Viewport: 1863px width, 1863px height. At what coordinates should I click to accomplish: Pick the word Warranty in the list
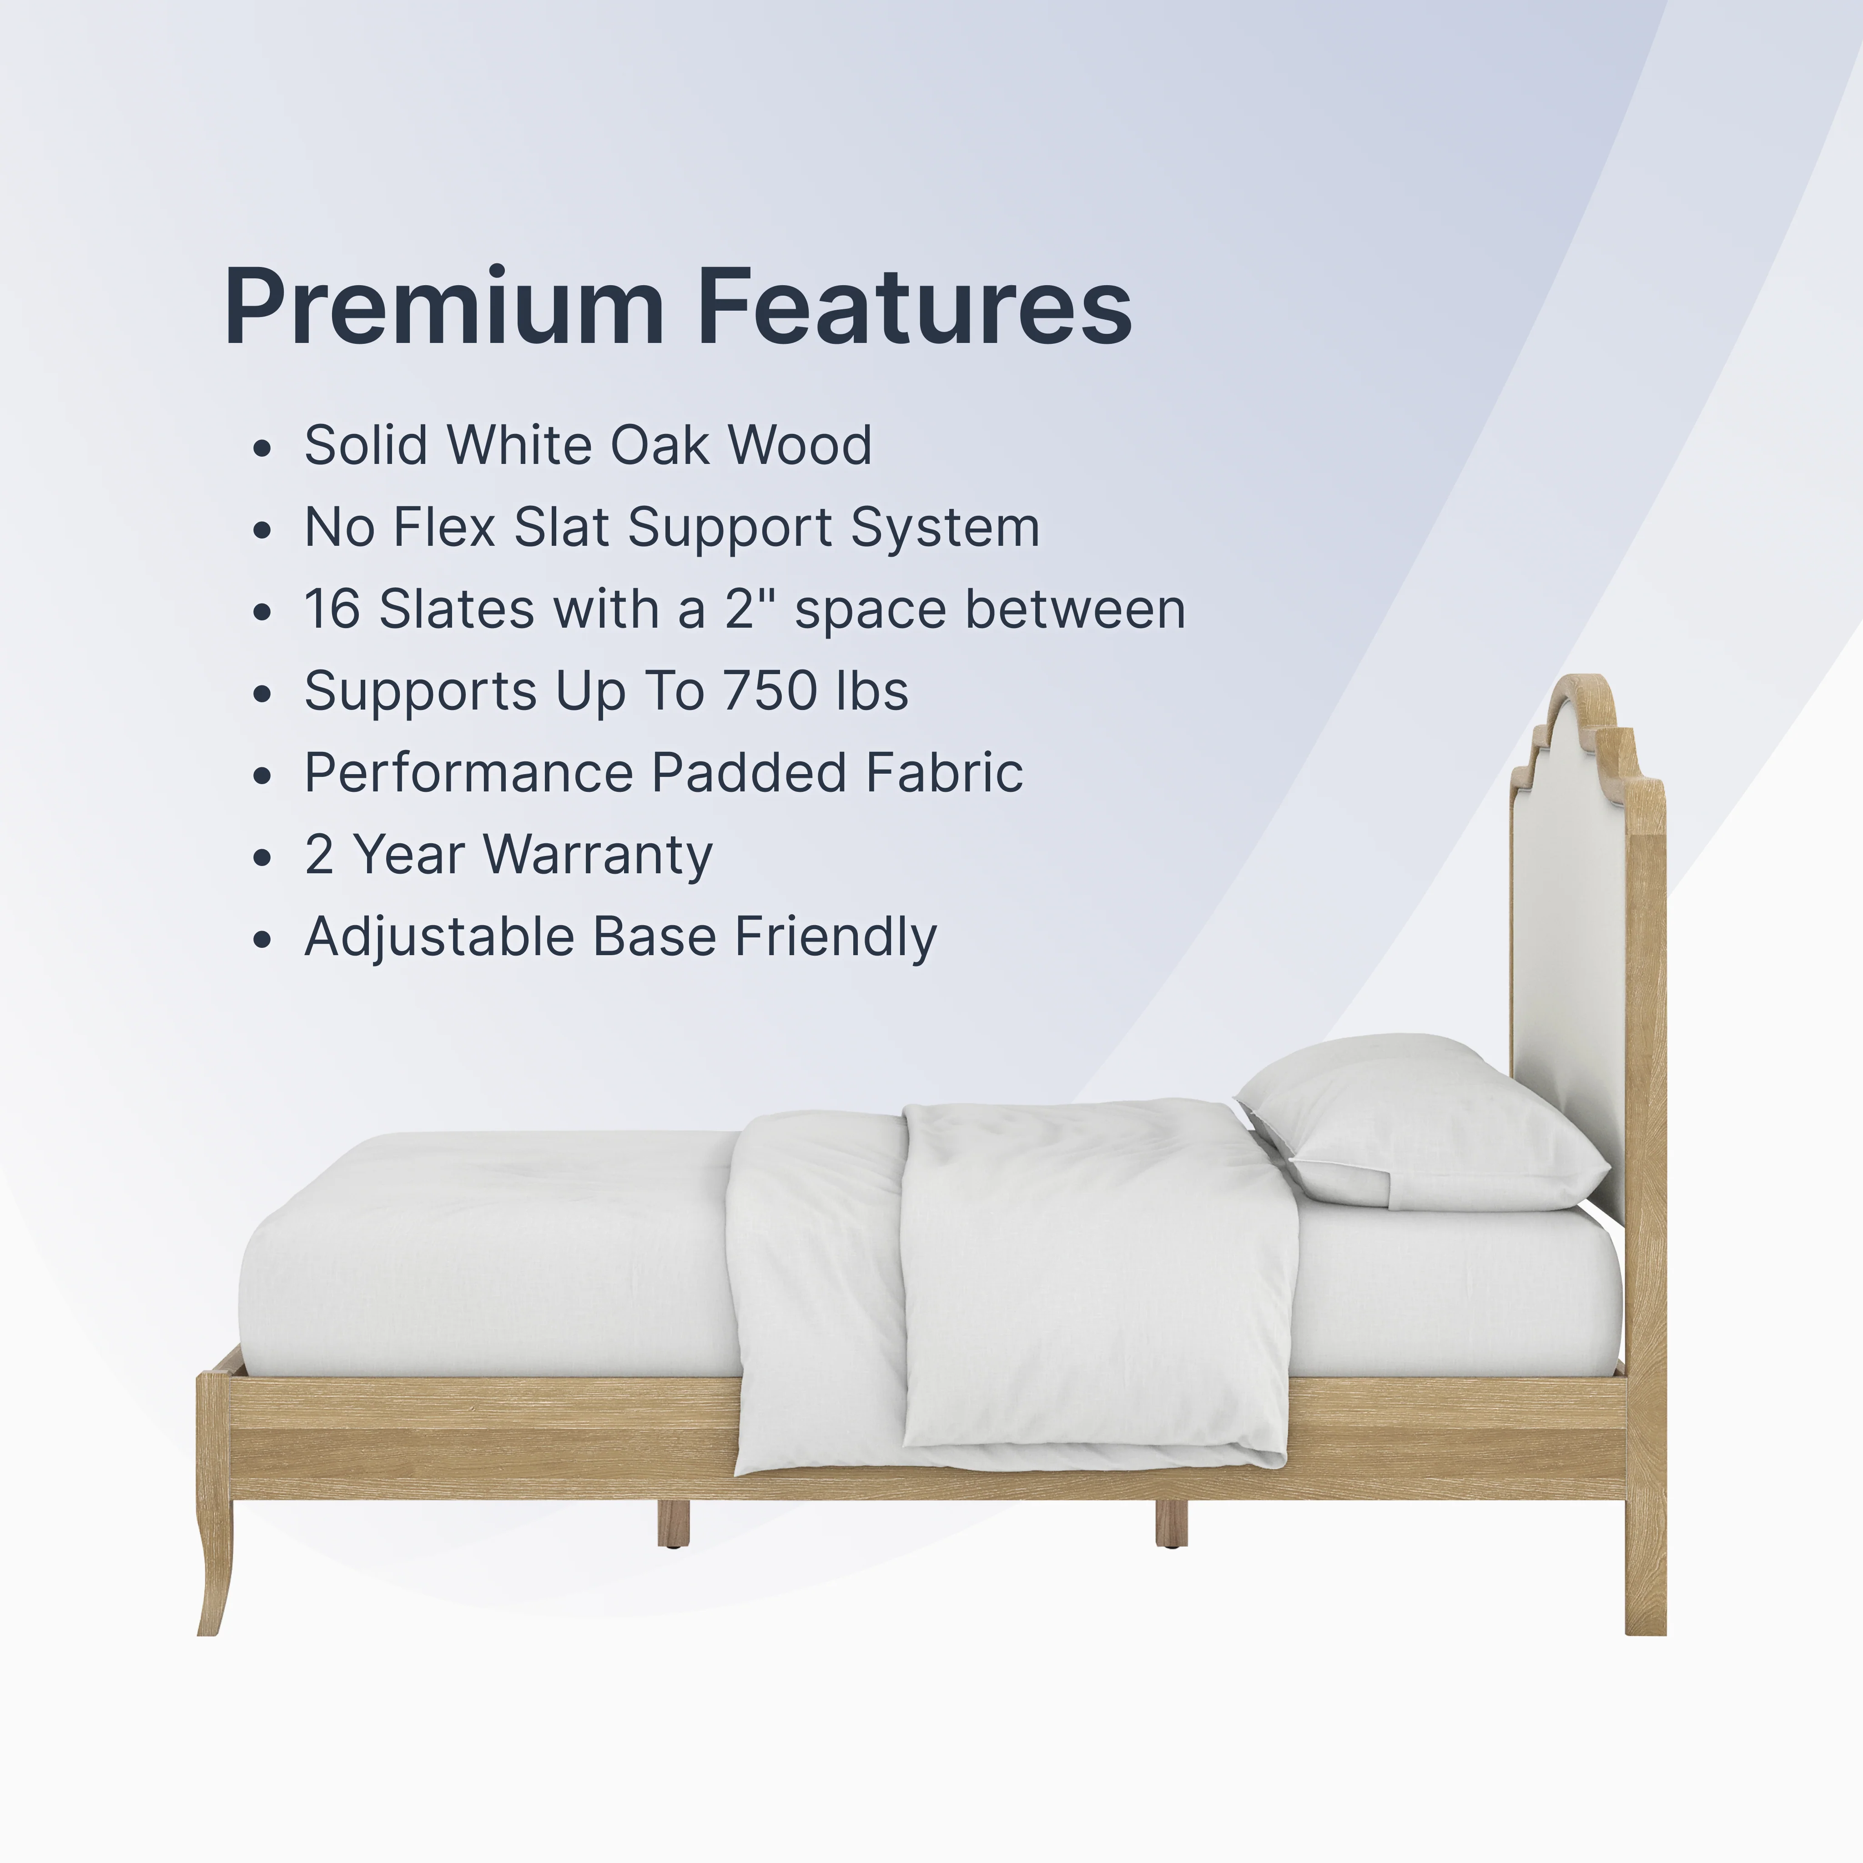(598, 856)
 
